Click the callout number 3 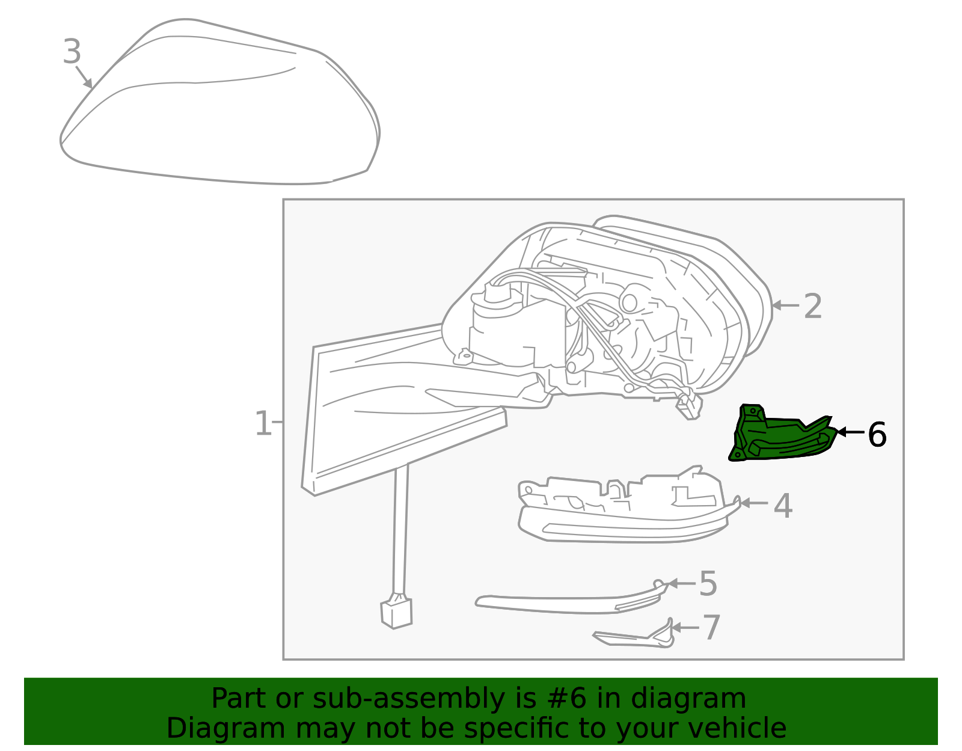[x=72, y=52]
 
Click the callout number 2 [x=812, y=306]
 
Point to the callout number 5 [x=708, y=584]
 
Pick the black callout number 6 [x=877, y=434]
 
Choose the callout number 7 [x=711, y=627]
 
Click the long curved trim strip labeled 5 [x=565, y=603]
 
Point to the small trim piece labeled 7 [x=637, y=638]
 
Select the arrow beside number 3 [x=84, y=77]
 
